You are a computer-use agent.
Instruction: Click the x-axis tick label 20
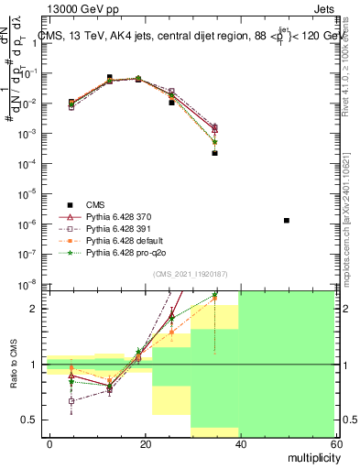point(146,443)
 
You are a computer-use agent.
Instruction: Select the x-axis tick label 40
point(240,443)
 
